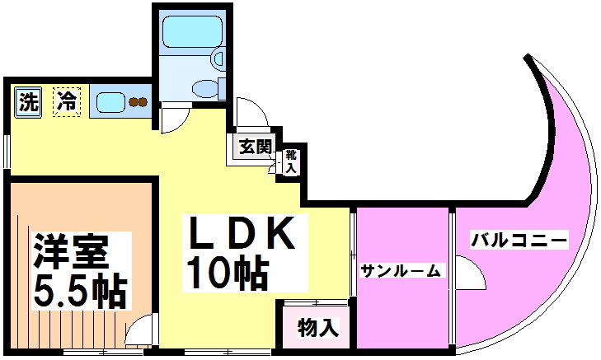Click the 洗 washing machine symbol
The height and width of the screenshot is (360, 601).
coord(28,103)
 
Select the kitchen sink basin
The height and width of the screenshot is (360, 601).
coord(110,103)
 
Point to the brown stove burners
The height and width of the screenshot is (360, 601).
coord(138,103)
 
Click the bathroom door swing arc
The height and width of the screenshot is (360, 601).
coord(175,120)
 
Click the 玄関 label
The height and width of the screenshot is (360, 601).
coord(255,147)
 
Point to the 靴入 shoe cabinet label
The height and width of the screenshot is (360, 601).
coord(291,160)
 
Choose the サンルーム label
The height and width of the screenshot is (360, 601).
coord(401,269)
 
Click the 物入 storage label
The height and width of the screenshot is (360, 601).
coord(317,327)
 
